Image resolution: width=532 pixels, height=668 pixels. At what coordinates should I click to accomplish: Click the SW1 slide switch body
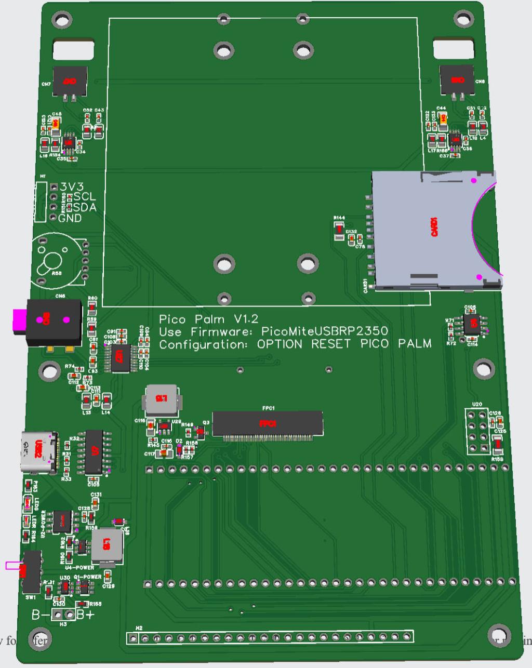click(x=32, y=571)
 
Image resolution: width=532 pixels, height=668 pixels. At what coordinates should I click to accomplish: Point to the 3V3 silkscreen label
click(x=71, y=186)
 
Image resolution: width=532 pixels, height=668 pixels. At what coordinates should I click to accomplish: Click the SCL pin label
click(x=85, y=196)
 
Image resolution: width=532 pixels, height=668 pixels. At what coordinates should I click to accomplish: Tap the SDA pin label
click(x=85, y=207)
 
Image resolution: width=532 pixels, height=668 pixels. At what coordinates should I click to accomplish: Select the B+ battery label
click(x=86, y=616)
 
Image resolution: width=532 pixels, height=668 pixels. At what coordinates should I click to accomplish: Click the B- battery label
click(x=40, y=616)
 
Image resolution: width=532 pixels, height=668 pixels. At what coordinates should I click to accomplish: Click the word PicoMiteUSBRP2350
click(x=324, y=331)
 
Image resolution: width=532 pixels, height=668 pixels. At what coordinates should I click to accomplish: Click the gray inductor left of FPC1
click(x=161, y=399)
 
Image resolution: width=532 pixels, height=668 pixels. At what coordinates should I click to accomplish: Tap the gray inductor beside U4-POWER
click(x=107, y=545)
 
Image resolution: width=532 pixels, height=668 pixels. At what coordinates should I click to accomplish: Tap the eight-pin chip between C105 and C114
click(x=472, y=325)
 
